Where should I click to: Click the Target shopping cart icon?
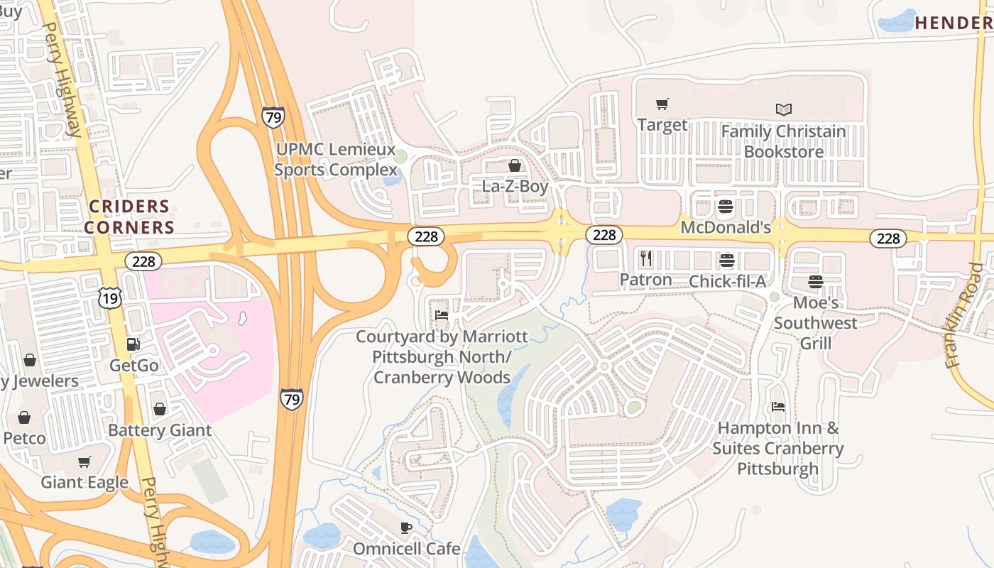[662, 104]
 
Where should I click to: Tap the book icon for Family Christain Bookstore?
[783, 110]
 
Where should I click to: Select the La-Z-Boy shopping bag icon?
[515, 165]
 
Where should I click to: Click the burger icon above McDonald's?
[725, 207]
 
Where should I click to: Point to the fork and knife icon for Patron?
[645, 258]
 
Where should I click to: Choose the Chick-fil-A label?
[727, 281]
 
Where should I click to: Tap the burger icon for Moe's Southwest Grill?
[815, 282]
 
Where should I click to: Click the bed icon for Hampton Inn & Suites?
[778, 408]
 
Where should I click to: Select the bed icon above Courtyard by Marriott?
[441, 315]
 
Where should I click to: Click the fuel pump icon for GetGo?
[133, 344]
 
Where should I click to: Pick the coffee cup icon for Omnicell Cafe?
[405, 528]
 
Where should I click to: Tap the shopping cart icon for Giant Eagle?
[84, 461]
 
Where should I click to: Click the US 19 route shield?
[110, 297]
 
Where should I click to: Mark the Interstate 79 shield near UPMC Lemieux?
[273, 116]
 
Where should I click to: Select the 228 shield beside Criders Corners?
[143, 261]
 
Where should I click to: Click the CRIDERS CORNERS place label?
[129, 217]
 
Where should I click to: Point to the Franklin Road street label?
[966, 316]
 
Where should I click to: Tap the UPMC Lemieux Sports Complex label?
[336, 160]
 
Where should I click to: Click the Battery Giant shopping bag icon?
[160, 409]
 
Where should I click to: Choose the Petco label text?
[25, 437]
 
